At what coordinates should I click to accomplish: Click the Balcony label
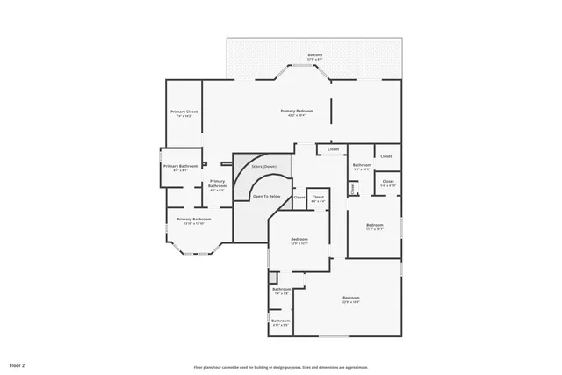pyautogui.click(x=314, y=55)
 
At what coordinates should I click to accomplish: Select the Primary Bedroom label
pyautogui.click(x=297, y=111)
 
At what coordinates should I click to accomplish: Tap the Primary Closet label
pyautogui.click(x=184, y=112)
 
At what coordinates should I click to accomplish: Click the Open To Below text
pyautogui.click(x=267, y=196)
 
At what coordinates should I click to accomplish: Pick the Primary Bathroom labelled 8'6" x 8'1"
pyautogui.click(x=180, y=166)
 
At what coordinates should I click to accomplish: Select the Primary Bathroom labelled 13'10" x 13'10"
pyautogui.click(x=194, y=219)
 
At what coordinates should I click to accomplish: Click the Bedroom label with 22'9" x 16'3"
pyautogui.click(x=351, y=299)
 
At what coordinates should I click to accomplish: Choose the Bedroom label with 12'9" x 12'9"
pyautogui.click(x=299, y=239)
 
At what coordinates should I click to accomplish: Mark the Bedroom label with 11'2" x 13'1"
pyautogui.click(x=375, y=226)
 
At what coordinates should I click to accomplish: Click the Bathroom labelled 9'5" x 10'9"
pyautogui.click(x=362, y=165)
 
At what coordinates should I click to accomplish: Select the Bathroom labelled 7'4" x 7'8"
pyautogui.click(x=281, y=289)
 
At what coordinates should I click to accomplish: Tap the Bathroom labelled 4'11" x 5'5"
pyautogui.click(x=280, y=321)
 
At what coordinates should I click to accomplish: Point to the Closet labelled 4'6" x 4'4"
pyautogui.click(x=318, y=197)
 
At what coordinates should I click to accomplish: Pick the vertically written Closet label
pyautogui.click(x=352, y=188)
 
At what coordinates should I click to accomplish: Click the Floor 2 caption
pyautogui.click(x=18, y=364)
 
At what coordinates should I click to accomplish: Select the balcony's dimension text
pyautogui.click(x=314, y=60)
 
